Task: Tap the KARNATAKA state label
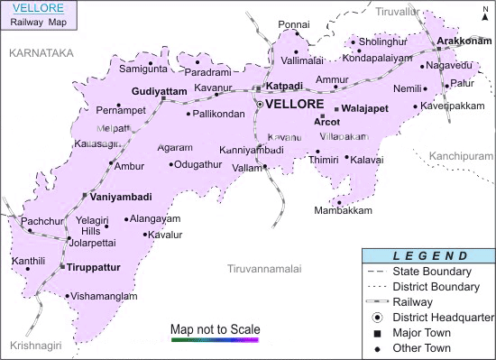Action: click(x=40, y=54)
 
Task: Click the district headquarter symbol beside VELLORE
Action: click(x=260, y=105)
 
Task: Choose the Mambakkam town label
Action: click(x=343, y=210)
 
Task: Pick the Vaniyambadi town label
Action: click(x=121, y=196)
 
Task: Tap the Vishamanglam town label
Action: click(x=106, y=296)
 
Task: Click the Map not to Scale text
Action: click(x=215, y=328)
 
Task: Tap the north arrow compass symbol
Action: click(x=485, y=12)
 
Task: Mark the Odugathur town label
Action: click(x=197, y=164)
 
